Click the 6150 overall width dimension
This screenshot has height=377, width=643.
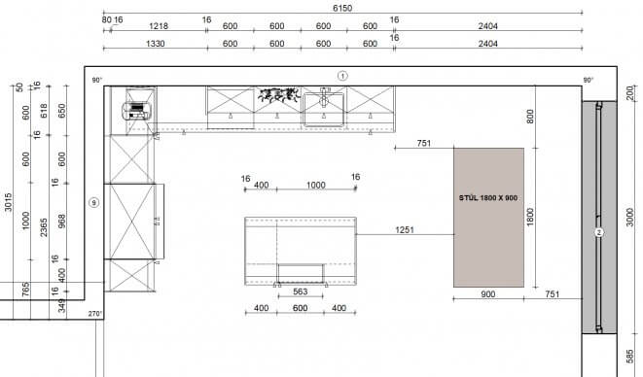pos(342,8)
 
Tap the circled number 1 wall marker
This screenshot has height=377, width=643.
pos(342,76)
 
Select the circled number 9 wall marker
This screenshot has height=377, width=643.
pos(94,202)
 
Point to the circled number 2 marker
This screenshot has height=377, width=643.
pos(599,233)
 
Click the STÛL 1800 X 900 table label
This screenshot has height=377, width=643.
pos(488,198)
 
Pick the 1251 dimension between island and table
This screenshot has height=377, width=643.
pos(405,230)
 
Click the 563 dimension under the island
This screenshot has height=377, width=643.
pos(301,291)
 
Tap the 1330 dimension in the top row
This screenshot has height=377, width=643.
pos(155,44)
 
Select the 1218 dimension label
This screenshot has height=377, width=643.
pos(159,26)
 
